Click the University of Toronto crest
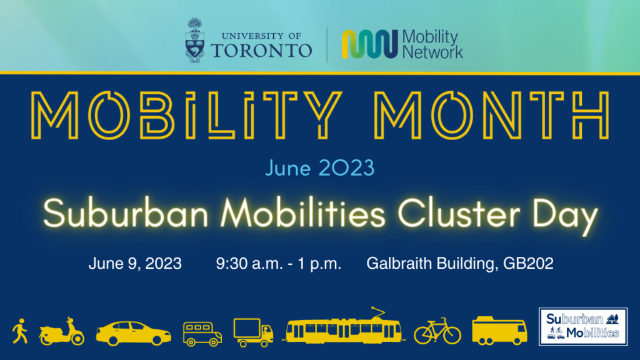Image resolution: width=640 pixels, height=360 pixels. [x=195, y=40]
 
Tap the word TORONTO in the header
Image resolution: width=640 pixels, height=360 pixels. [x=261, y=51]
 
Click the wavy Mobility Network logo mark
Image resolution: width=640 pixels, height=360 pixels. [x=370, y=44]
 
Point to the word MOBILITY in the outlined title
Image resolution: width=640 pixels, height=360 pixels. [x=186, y=115]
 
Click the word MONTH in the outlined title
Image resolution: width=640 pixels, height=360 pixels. [x=492, y=115]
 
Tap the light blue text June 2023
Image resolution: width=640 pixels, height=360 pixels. [x=319, y=167]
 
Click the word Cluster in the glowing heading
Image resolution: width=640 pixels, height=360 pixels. [x=459, y=213]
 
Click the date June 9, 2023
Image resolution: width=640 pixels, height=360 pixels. [x=135, y=264]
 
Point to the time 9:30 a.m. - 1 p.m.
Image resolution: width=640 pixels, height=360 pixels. [x=278, y=264]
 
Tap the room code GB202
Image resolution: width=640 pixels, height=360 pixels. [x=528, y=263]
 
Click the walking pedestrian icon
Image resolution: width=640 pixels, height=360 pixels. [x=20, y=331]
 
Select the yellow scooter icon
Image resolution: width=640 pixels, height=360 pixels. [x=62, y=331]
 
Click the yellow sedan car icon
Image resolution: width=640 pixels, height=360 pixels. [x=134, y=333]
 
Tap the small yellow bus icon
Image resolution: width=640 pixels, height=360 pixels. [x=202, y=334]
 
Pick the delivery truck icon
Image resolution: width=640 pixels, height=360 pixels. [x=253, y=332]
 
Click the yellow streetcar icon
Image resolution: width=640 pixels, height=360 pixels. [x=343, y=326]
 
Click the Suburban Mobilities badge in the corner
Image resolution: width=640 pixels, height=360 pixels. [x=583, y=326]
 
